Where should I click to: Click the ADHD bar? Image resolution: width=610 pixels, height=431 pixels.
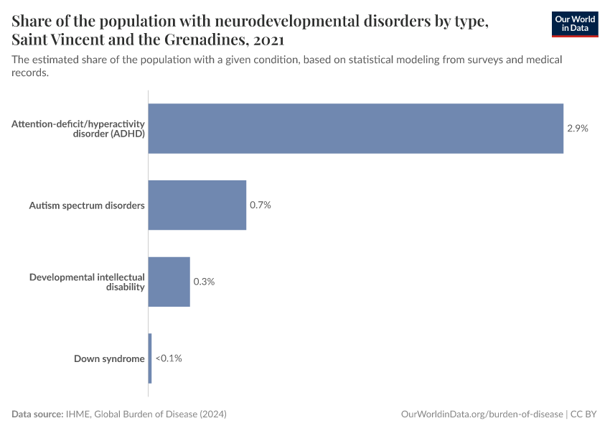(355, 129)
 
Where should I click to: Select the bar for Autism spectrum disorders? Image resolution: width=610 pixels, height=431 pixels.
(197, 205)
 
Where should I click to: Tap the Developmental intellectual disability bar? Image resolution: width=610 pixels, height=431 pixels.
(169, 282)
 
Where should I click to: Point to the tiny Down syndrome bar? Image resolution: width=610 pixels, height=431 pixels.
(150, 358)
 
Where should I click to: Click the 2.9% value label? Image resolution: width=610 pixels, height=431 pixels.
(577, 129)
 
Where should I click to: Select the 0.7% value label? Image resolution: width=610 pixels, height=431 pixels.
(260, 205)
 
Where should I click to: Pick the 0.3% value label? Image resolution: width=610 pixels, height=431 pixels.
(204, 282)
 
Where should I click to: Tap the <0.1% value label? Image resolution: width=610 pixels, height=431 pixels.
(169, 358)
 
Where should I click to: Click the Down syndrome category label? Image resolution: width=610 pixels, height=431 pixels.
(109, 358)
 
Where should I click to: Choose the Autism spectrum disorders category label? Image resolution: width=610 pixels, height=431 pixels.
(87, 205)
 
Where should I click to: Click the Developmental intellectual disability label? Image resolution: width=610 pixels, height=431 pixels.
(87, 282)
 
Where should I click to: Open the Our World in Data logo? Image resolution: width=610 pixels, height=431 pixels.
(575, 24)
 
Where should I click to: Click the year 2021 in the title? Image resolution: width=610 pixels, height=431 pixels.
(268, 39)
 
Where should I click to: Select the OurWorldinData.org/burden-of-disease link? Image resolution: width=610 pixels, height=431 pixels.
(482, 414)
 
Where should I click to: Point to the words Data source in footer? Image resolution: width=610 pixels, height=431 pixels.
(37, 414)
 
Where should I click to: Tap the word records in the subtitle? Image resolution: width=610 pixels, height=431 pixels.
(29, 73)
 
